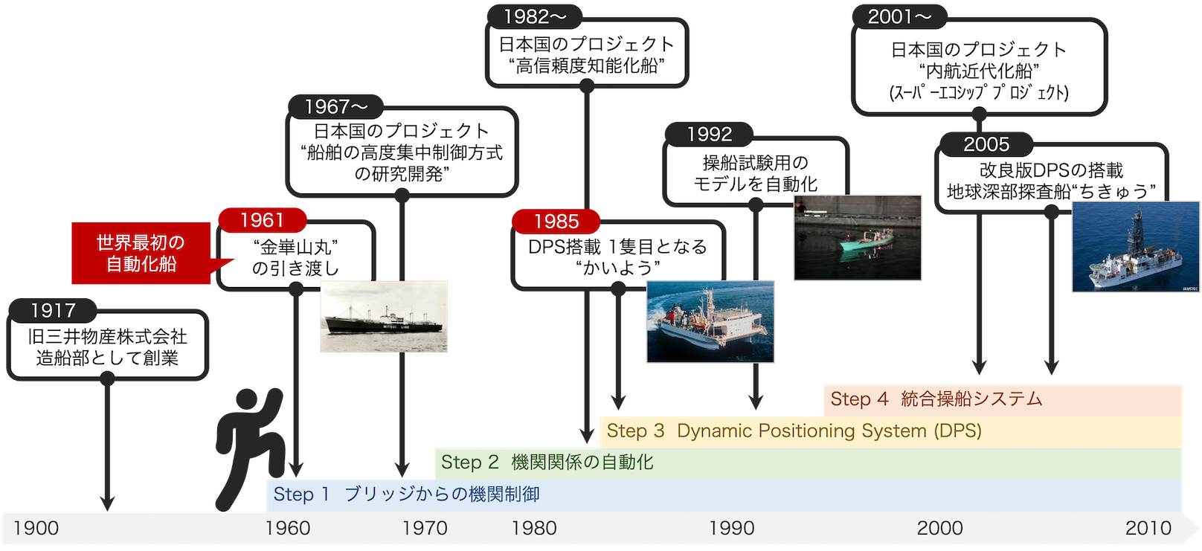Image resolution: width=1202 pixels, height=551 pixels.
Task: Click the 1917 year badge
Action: click(53, 310)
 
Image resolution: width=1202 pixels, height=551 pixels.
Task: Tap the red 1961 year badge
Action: click(263, 220)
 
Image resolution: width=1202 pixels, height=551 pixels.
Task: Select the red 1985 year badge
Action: click(556, 221)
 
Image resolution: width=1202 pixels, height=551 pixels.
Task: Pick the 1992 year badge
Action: click(709, 134)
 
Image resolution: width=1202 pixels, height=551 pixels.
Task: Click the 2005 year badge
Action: click(986, 144)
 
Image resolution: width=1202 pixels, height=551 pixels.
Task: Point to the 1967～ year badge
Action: click(336, 106)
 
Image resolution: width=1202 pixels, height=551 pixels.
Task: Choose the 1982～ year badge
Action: click(535, 16)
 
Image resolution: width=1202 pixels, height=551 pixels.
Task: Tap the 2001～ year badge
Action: click(899, 16)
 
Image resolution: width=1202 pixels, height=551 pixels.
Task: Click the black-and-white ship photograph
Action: click(384, 317)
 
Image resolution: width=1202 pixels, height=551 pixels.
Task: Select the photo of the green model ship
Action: click(858, 238)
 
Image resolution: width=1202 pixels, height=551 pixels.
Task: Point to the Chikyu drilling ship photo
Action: click(1136, 247)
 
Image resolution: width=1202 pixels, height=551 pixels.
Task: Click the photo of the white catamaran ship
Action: click(710, 321)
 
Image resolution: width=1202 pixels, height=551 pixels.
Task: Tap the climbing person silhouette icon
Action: click(250, 448)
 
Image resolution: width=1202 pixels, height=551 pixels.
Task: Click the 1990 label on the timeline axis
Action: click(731, 529)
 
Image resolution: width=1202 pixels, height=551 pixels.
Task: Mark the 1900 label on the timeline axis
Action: click(36, 529)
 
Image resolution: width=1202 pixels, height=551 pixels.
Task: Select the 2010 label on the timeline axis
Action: click(1148, 529)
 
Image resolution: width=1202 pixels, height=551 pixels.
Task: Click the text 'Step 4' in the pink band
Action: click(859, 399)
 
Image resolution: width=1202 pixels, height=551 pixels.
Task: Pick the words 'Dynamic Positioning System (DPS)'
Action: click(829, 431)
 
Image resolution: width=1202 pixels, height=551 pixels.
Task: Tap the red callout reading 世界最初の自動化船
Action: click(141, 254)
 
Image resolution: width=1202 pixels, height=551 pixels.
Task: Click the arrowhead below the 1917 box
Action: click(107, 503)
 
